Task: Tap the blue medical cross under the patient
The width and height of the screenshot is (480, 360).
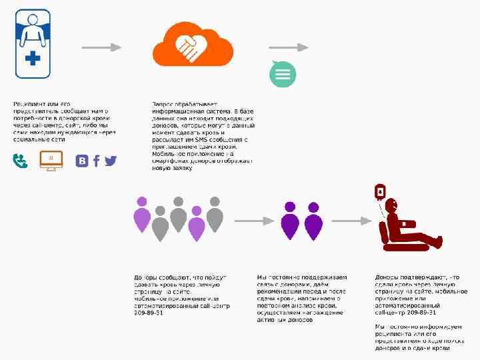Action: pyautogui.click(x=33, y=59)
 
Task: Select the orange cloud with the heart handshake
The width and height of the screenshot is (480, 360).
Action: pyautogui.click(x=191, y=44)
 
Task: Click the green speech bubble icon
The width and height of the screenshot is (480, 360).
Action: pyautogui.click(x=283, y=73)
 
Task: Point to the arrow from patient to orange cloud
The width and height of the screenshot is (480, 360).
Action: pyautogui.click(x=101, y=47)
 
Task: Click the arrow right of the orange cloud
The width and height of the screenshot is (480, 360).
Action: pyautogui.click(x=288, y=47)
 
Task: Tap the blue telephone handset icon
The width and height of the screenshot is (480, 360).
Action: pyautogui.click(x=21, y=161)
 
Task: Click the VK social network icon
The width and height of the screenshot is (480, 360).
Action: pyautogui.click(x=82, y=161)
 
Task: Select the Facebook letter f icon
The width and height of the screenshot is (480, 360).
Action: pyautogui.click(x=97, y=161)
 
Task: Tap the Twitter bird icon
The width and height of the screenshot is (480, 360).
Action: pyautogui.click(x=110, y=161)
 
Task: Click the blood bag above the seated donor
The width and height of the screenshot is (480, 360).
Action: pyautogui.click(x=379, y=192)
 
